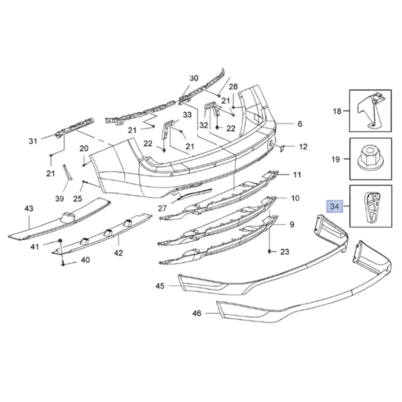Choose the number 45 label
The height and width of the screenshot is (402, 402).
pyautogui.click(x=160, y=286)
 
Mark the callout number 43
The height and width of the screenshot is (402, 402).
pyautogui.click(x=29, y=209)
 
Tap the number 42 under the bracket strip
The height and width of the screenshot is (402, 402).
pyautogui.click(x=118, y=253)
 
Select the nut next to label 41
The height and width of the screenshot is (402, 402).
pyautogui.click(x=59, y=241)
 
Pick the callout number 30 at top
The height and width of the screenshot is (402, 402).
pyautogui.click(x=194, y=78)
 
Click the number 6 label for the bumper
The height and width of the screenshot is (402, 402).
pyautogui.click(x=300, y=124)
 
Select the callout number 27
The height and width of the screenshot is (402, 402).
pyautogui.click(x=162, y=208)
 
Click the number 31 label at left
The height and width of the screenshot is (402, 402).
pyautogui.click(x=33, y=141)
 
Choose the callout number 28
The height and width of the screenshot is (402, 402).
pyautogui.click(x=233, y=87)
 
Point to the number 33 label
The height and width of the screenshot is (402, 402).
pyautogui.click(x=187, y=115)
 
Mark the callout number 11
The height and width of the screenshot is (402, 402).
pyautogui.click(x=297, y=175)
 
